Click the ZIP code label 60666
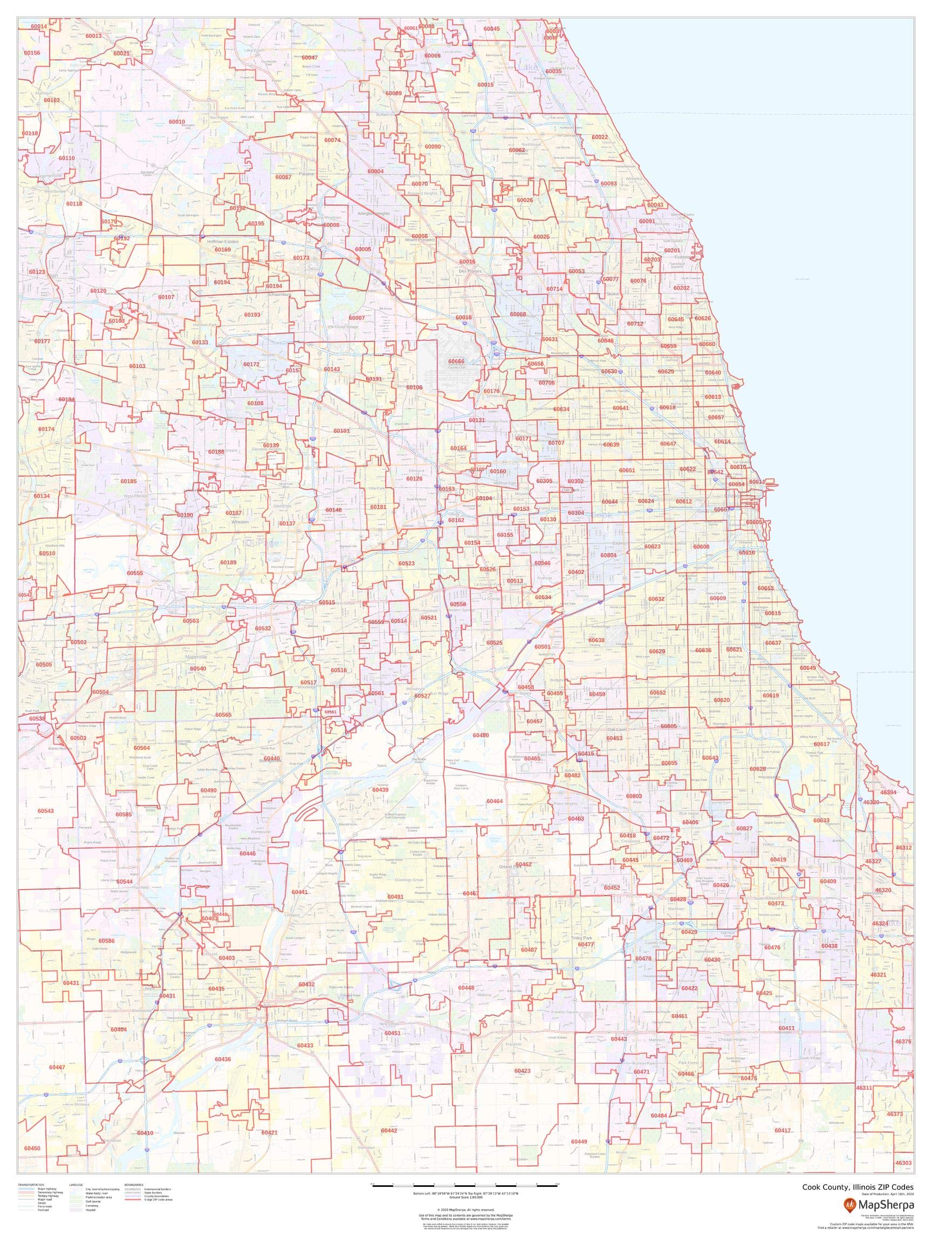(456, 361)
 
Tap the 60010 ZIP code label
(176, 122)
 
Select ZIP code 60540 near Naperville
(198, 668)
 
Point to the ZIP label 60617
(821, 744)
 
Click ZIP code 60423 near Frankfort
(522, 1070)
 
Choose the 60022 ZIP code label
(599, 137)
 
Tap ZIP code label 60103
(137, 366)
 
